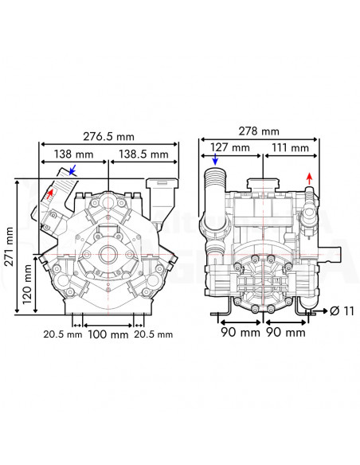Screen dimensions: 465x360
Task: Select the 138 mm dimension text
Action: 73,153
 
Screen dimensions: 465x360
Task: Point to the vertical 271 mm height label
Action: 9,246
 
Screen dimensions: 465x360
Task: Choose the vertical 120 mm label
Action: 28,285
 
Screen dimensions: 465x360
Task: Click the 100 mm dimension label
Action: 108,334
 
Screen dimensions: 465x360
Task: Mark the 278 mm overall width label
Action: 260,131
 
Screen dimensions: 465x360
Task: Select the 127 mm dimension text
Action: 231,148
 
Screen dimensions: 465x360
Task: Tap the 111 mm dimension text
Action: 290,148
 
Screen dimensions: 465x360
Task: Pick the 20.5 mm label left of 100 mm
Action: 63,334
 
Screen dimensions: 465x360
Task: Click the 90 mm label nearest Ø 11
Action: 285,332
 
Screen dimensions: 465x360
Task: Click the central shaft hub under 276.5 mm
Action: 108,256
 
